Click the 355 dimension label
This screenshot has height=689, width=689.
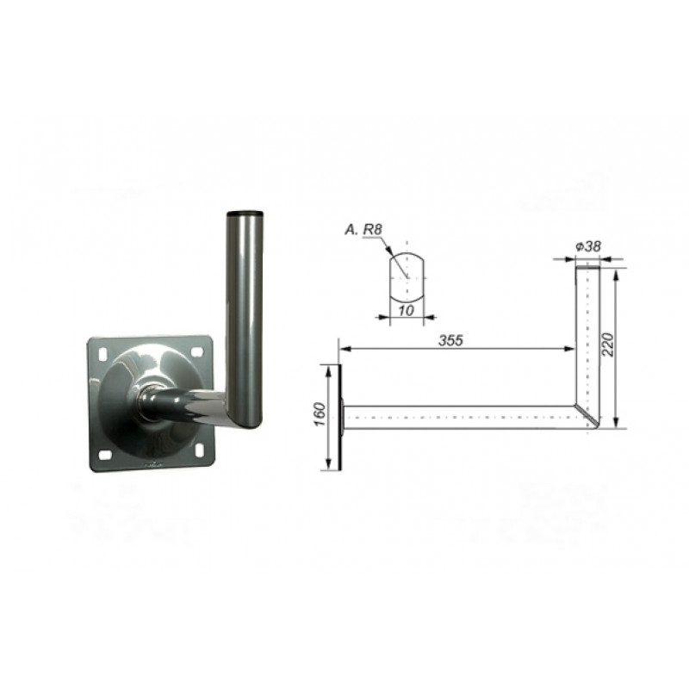pyautogui.click(x=450, y=339)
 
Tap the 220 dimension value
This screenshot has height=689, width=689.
pyautogui.click(x=607, y=344)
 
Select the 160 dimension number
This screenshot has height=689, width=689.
pyautogui.click(x=320, y=414)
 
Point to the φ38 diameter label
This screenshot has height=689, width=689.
pyautogui.click(x=588, y=246)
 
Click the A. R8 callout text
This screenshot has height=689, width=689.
pyautogui.click(x=363, y=229)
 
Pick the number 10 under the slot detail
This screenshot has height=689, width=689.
pyautogui.click(x=406, y=310)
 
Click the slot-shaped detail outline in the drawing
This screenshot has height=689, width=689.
pyautogui.click(x=407, y=277)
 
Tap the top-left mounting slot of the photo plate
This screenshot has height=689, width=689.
pyautogui.click(x=104, y=353)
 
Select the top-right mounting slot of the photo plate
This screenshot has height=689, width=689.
pyautogui.click(x=197, y=352)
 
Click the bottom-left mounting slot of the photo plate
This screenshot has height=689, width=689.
pyautogui.click(x=103, y=455)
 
